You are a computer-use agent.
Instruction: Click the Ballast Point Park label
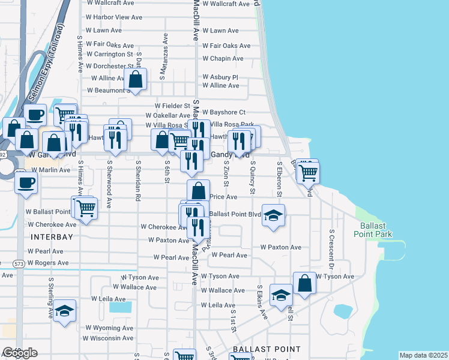click(376, 230)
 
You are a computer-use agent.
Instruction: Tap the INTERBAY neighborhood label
click(52, 237)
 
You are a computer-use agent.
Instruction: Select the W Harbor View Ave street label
click(113, 17)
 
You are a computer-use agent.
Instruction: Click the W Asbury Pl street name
click(220, 77)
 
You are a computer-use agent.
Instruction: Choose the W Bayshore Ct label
click(224, 112)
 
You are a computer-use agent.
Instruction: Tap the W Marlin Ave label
click(51, 170)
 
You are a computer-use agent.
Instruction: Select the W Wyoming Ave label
click(109, 328)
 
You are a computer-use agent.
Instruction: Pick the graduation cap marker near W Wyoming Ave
click(64, 311)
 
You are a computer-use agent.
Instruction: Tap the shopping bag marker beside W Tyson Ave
click(304, 283)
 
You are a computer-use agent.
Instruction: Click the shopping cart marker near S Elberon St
click(308, 172)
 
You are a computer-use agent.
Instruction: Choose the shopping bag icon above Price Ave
click(198, 191)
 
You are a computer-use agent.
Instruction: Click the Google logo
click(20, 353)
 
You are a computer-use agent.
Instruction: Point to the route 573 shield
click(19, 263)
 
